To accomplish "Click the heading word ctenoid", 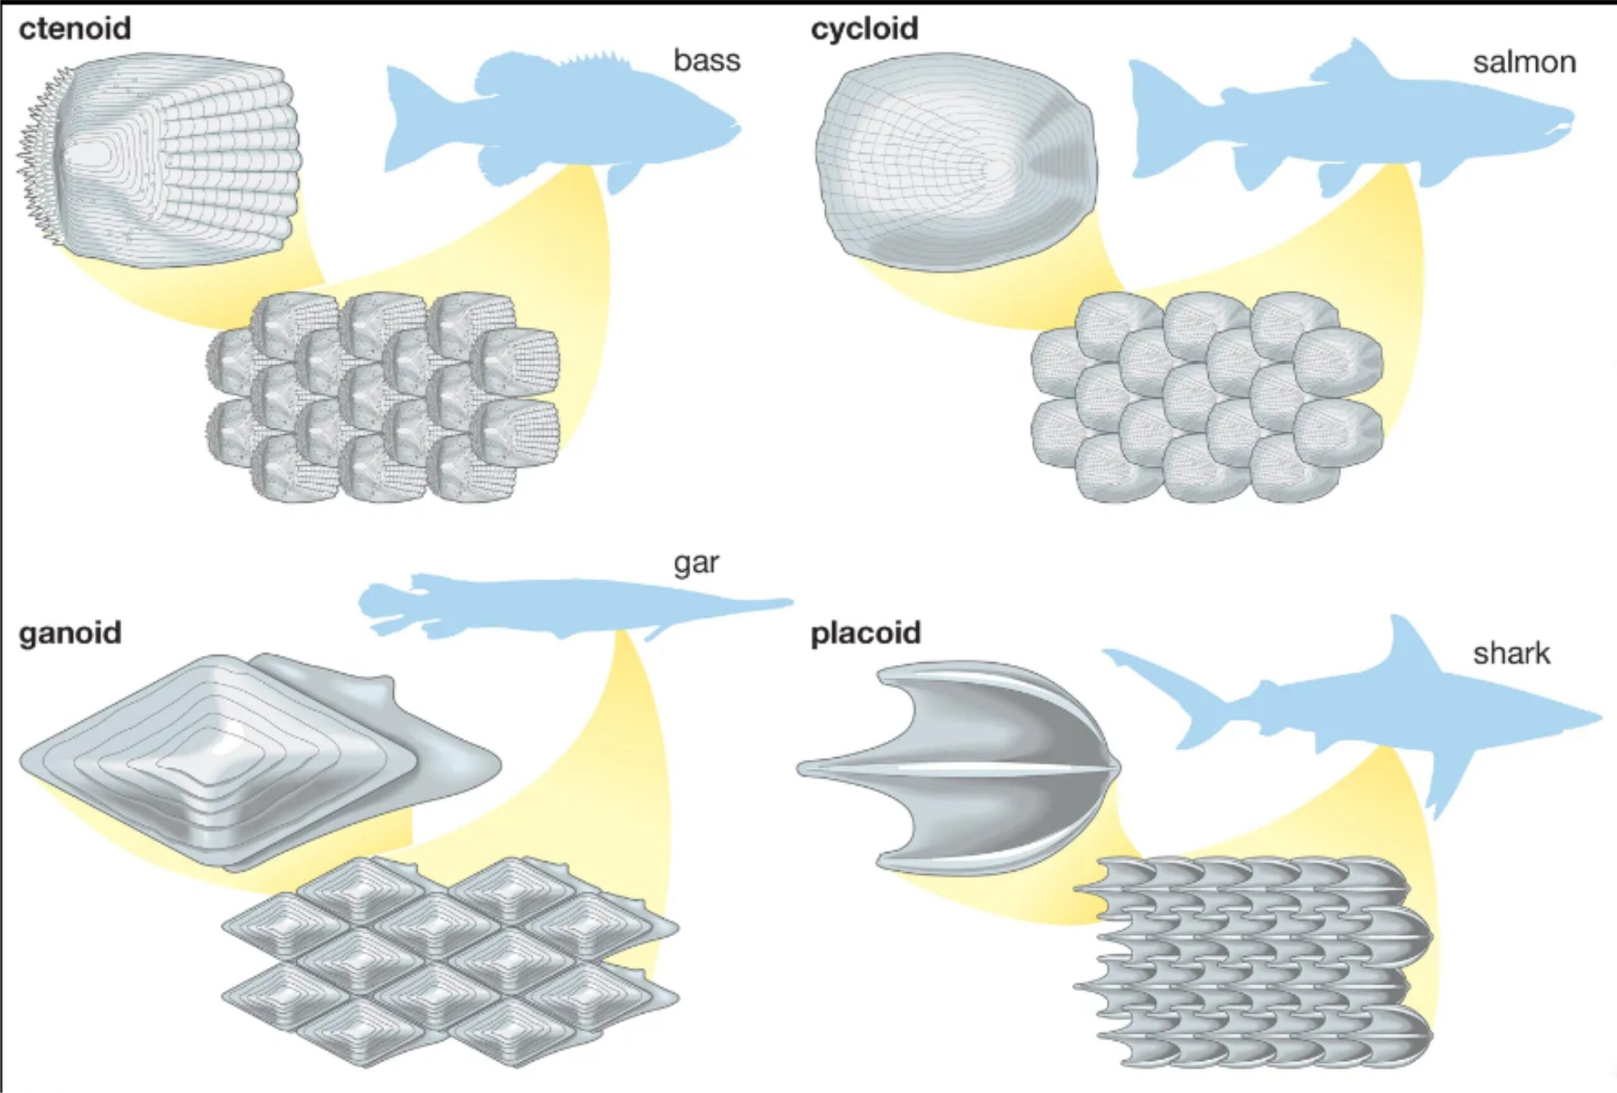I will [75, 29].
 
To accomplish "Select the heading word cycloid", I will [864, 29].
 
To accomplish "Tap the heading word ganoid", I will [70, 633].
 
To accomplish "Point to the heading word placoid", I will [865, 633].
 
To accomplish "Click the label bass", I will [706, 61].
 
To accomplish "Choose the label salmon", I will [1524, 63].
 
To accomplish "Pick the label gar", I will [696, 562].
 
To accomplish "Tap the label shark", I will [1512, 654].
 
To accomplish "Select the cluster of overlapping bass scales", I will [383, 397].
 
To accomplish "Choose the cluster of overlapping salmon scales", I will [1207, 397].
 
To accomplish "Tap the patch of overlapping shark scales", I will [1253, 961].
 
